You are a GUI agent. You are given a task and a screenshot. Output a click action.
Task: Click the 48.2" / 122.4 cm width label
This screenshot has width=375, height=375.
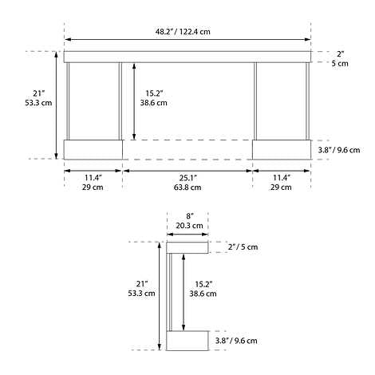pos(188,31)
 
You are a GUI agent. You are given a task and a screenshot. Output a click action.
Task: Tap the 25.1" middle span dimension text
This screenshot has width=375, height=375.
pos(187,177)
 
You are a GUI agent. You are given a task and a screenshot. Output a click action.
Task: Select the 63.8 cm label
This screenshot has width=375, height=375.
pos(187,187)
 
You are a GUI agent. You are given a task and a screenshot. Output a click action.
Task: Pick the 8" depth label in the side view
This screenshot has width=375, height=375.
pos(189,215)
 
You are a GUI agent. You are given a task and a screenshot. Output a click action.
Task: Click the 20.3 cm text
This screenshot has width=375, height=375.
pos(189,226)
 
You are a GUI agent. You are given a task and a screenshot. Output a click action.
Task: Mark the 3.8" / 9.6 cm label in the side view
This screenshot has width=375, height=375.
pos(236,341)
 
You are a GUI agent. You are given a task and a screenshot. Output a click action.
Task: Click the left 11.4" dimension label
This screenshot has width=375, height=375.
pos(93,177)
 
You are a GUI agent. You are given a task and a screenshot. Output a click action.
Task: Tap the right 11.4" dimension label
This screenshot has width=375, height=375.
pos(280,177)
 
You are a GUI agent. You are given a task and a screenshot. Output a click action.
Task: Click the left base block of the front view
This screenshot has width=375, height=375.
pos(93,149)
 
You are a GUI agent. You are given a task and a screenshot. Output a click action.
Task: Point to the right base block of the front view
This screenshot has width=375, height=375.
pos(281,149)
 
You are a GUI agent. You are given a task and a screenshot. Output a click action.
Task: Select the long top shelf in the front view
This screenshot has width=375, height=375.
pos(187,57)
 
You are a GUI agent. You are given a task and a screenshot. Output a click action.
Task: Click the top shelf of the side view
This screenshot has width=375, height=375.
pos(188,247)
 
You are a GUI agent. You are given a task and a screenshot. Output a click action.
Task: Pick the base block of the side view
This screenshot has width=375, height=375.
pos(187,341)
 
